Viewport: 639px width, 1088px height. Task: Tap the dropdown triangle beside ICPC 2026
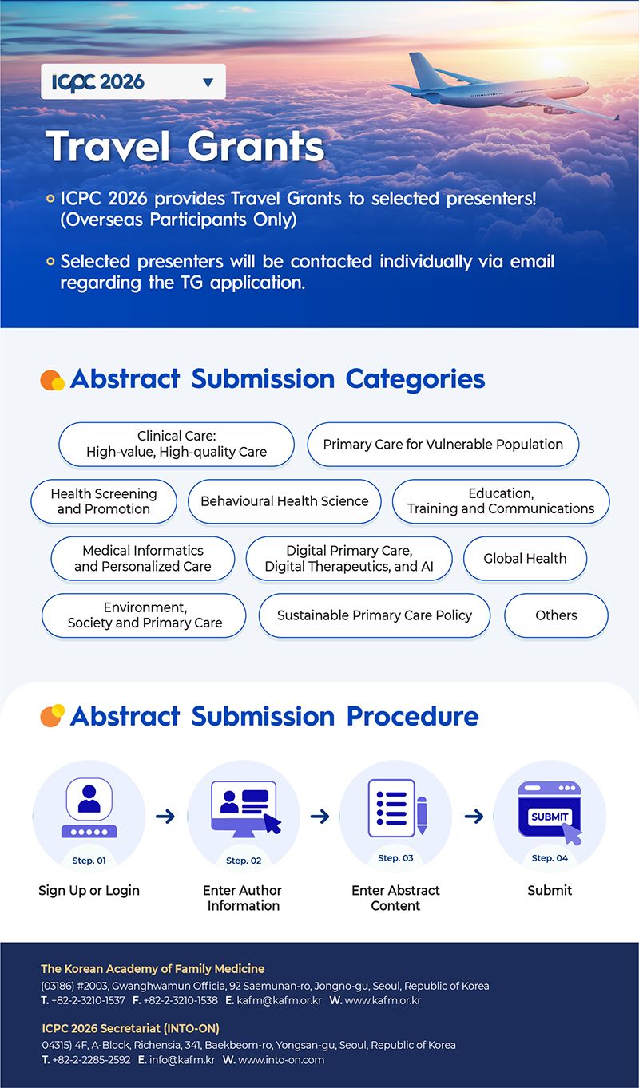(x=208, y=82)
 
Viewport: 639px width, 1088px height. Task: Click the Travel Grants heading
(x=185, y=147)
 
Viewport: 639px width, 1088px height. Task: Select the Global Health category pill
(x=525, y=559)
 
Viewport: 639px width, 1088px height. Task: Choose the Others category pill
(x=556, y=615)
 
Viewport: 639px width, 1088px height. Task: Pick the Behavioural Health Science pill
(x=284, y=501)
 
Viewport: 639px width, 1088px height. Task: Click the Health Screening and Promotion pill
(x=104, y=501)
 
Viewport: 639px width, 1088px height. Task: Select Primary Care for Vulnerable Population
(x=443, y=445)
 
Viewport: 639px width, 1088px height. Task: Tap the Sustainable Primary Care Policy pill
(x=374, y=615)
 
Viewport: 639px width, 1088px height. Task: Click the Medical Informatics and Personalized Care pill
(x=143, y=559)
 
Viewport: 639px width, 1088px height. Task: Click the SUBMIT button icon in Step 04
(x=550, y=816)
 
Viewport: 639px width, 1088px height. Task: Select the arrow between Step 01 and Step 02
(x=165, y=817)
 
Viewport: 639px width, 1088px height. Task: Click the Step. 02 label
(x=244, y=861)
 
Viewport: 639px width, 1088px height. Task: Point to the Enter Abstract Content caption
(x=395, y=898)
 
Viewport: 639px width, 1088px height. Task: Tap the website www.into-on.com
(x=281, y=1060)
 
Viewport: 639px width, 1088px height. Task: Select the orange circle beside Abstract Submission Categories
(x=52, y=380)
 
